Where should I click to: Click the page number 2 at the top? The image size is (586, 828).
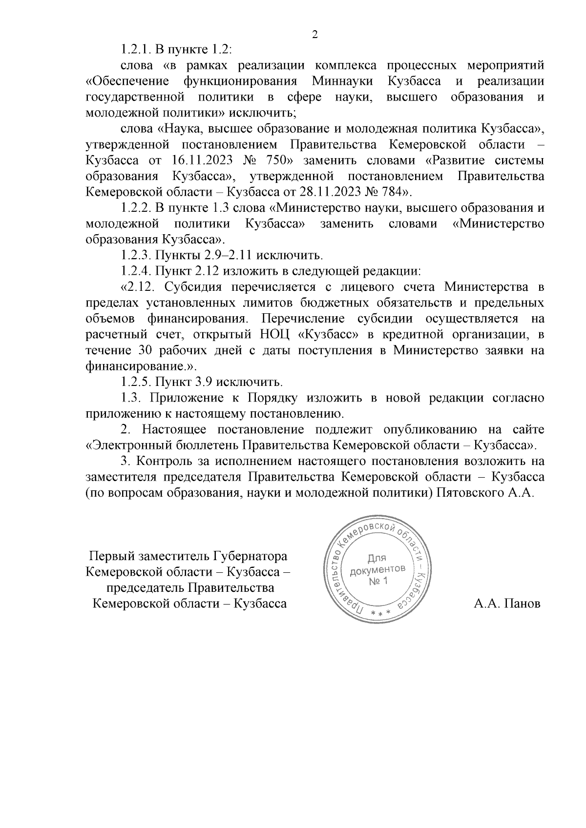point(314,34)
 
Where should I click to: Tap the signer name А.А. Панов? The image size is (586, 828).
point(507,604)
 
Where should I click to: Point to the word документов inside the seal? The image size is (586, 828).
point(377,569)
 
